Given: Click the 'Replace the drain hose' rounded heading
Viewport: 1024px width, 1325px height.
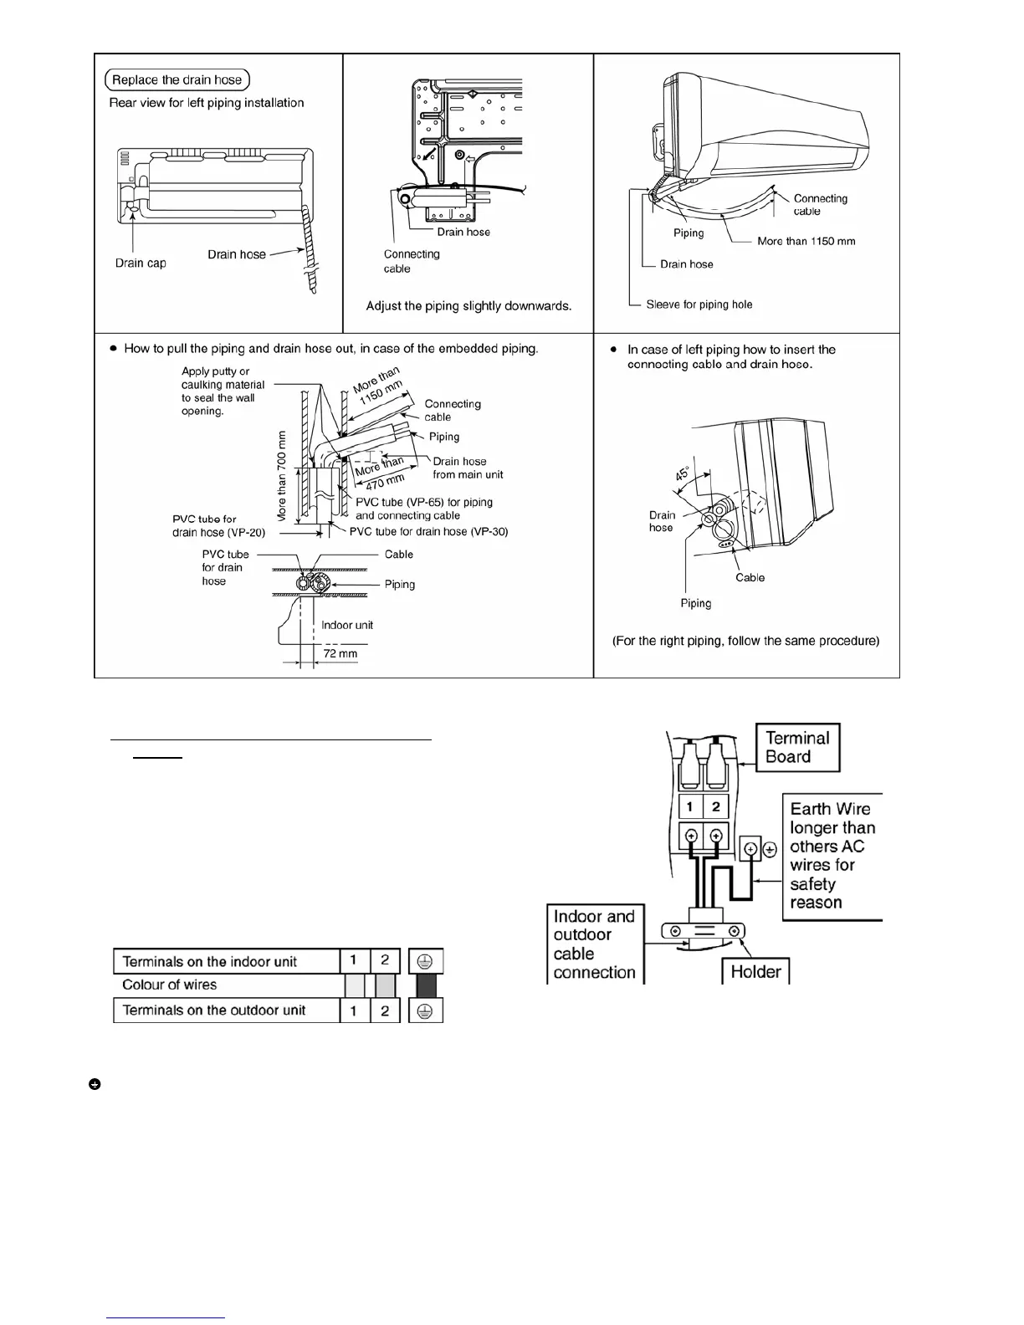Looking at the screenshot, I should pyautogui.click(x=177, y=80).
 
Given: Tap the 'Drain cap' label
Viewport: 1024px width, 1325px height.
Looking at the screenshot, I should pyautogui.click(x=141, y=263).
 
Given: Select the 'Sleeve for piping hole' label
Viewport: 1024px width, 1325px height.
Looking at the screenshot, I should pyautogui.click(x=699, y=304).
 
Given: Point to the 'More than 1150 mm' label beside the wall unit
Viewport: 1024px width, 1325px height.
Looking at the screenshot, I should pyautogui.click(x=806, y=241).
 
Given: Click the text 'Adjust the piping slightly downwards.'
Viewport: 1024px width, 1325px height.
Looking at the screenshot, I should pyautogui.click(x=468, y=306).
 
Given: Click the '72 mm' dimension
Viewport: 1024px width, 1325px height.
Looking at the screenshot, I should pyautogui.click(x=340, y=653).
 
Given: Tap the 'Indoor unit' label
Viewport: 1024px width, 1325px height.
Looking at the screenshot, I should pyautogui.click(x=347, y=625).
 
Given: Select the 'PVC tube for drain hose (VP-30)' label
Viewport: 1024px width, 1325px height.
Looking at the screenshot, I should pyautogui.click(x=428, y=531).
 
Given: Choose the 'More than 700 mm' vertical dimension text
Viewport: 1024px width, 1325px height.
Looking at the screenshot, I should pyautogui.click(x=282, y=476).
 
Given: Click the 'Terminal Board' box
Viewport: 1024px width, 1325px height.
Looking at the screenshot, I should pyautogui.click(x=798, y=747).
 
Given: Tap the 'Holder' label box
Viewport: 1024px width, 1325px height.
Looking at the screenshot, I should pyautogui.click(x=755, y=971).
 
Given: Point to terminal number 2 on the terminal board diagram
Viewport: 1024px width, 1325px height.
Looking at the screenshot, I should pyautogui.click(x=715, y=807).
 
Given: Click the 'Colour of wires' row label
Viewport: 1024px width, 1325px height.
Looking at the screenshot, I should pyautogui.click(x=169, y=985).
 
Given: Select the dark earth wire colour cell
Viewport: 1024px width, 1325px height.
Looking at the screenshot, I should pyautogui.click(x=426, y=985).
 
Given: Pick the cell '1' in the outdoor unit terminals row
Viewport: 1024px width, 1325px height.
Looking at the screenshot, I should pyautogui.click(x=354, y=1010).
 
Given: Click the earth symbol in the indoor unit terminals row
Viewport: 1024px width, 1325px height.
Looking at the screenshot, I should pyautogui.click(x=426, y=961).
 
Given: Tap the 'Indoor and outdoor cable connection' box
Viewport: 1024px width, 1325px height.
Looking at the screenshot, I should pyautogui.click(x=594, y=944).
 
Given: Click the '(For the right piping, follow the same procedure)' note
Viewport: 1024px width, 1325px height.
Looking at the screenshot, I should pyautogui.click(x=745, y=641).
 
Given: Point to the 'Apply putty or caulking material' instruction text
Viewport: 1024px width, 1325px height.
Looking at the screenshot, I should pyautogui.click(x=223, y=391).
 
